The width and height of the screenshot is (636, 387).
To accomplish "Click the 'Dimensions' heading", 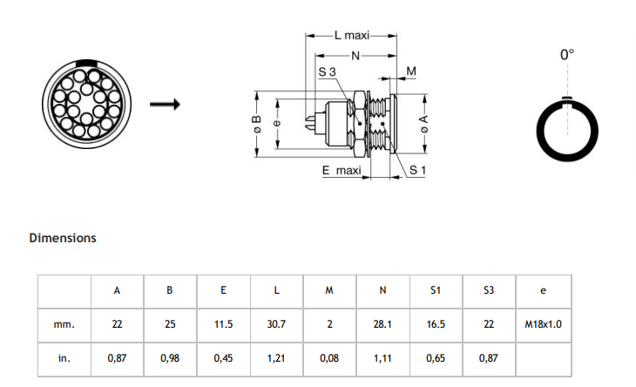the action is coord(63,238).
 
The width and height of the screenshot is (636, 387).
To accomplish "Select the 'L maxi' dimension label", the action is coord(352,36).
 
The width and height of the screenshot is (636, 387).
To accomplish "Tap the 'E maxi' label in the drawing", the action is coord(342,170).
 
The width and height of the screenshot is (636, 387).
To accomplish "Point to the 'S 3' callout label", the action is coord(327,71).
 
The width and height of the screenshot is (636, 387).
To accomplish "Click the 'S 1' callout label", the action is coord(417,170).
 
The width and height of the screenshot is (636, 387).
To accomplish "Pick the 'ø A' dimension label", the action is coord(424,124).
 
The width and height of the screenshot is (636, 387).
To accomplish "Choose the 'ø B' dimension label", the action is coord(257,124).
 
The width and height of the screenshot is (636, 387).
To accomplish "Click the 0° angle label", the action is coord(567,54).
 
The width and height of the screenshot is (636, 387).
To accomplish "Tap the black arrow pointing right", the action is coord(165,105).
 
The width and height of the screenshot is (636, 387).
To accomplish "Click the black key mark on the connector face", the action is coord(87,63).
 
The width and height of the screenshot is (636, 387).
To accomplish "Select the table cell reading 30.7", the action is coord(276,324).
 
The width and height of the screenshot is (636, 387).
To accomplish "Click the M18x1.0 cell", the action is coord(543,324).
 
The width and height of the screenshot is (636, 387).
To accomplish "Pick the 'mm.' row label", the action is coord(64,325).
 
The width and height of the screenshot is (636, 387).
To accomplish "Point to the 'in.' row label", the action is coord(64,358).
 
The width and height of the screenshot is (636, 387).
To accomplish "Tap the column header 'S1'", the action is coord(436,290).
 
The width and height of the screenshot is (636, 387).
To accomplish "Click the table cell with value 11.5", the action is coord(224,324).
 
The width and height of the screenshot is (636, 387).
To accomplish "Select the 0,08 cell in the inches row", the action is coord(329,358).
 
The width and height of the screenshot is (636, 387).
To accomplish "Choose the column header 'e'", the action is coord(543,291).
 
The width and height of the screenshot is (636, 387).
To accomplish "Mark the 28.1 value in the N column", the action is coord(382,324).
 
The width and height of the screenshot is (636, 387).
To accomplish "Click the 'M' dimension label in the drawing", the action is coord(411,71).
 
